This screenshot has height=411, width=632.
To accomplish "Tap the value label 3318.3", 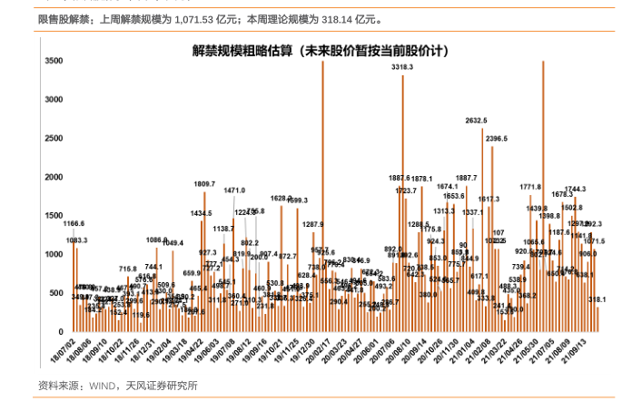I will pos(402,67).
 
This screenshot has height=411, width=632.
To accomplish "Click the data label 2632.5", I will pos(476,120).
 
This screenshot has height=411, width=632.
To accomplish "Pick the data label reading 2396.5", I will pos(496,138).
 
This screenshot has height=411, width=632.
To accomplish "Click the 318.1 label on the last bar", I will pos(597,298).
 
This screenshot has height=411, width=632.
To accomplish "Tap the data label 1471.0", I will pos(234,191).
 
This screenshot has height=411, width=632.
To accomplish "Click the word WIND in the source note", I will pos(102,386).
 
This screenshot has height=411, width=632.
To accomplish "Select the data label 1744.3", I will pos(576,189).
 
